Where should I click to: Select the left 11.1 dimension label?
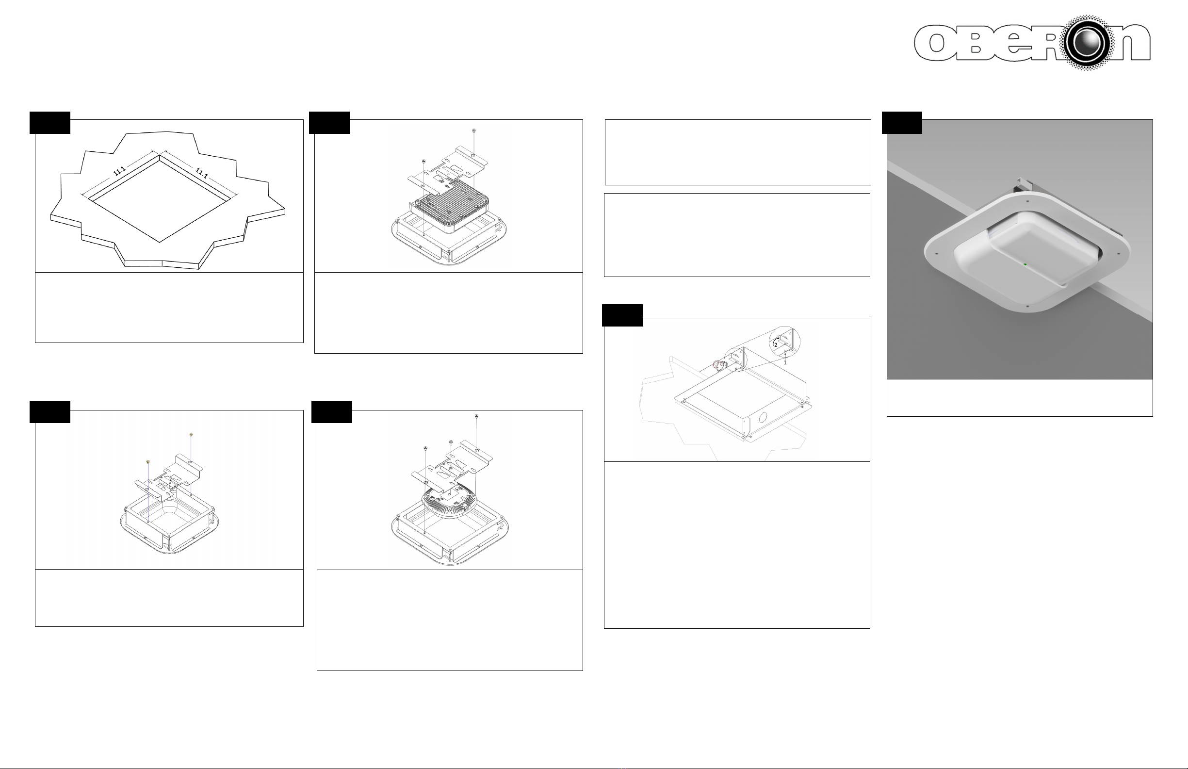[119, 170]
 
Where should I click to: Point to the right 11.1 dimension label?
[202, 173]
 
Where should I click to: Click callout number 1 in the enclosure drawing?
[785, 362]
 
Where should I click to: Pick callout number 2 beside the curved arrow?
[776, 345]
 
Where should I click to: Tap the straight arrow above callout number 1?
[785, 355]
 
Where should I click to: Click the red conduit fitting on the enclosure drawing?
[717, 366]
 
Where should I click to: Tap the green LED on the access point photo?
[1025, 264]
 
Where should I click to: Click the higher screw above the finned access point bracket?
[474, 131]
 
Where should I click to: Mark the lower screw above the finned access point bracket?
[423, 161]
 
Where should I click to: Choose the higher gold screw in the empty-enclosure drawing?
[191, 435]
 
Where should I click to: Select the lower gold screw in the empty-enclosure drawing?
[148, 462]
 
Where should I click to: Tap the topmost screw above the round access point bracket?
[477, 416]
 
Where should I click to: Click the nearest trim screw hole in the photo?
[1028, 306]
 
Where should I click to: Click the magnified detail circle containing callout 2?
[784, 342]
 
